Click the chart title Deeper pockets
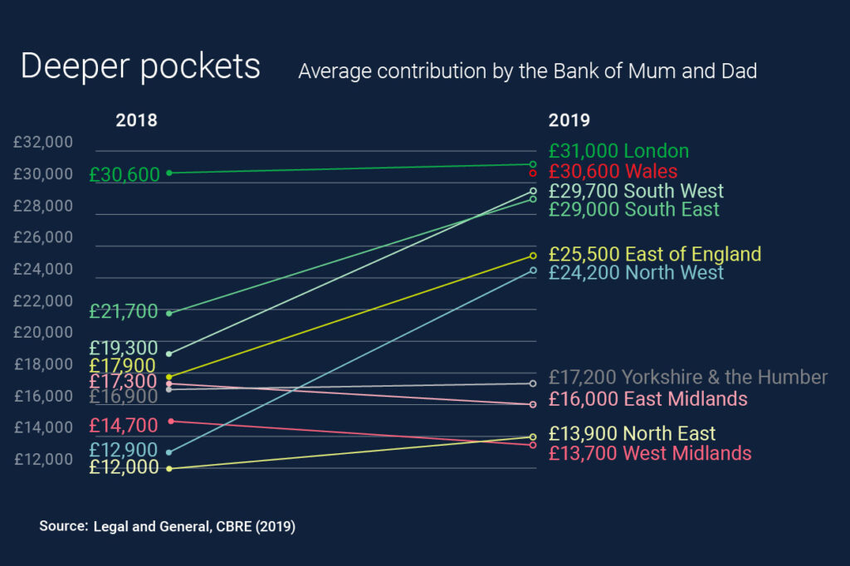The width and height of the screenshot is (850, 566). click(x=140, y=67)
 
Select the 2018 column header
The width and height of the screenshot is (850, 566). click(x=136, y=120)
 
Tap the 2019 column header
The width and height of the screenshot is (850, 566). click(x=569, y=120)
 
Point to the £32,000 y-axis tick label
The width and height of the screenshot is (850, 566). click(x=43, y=143)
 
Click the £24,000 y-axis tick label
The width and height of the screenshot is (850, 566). click(x=43, y=270)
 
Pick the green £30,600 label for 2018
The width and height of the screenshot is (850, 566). click(x=124, y=175)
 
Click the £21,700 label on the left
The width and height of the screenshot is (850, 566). click(x=124, y=312)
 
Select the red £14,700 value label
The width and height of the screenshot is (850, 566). click(x=124, y=426)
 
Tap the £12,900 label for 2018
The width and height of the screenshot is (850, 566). click(x=124, y=451)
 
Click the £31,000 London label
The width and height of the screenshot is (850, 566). click(x=618, y=151)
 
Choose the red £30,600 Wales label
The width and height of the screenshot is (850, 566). click(x=613, y=172)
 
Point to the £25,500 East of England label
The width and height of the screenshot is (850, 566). click(x=654, y=254)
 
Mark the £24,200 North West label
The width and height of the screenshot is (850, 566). click(x=636, y=272)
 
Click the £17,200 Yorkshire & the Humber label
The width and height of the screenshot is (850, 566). click(x=688, y=378)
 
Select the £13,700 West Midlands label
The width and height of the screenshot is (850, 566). click(x=650, y=453)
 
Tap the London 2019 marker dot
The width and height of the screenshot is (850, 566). click(x=533, y=164)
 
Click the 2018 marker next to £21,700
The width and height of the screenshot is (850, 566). click(x=169, y=313)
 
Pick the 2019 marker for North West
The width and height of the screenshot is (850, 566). click(x=533, y=271)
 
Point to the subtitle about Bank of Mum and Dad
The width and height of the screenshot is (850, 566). click(x=527, y=71)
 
